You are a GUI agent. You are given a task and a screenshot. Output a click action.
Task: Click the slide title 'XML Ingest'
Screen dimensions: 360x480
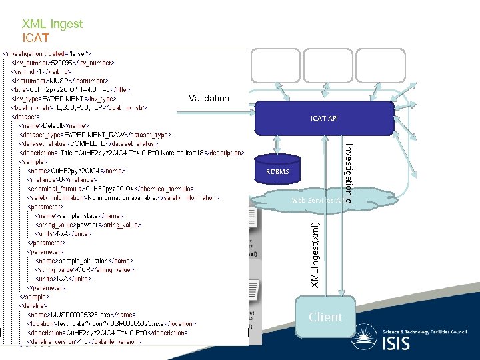coord(52,24)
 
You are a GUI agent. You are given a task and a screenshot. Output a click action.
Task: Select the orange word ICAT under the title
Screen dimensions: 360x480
coord(35,38)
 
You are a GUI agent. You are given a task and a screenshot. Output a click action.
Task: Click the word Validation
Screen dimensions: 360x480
coord(209,98)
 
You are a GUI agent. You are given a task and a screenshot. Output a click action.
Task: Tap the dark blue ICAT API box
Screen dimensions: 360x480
coord(324,118)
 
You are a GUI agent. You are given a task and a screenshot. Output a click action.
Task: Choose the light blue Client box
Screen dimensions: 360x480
coord(325,317)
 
